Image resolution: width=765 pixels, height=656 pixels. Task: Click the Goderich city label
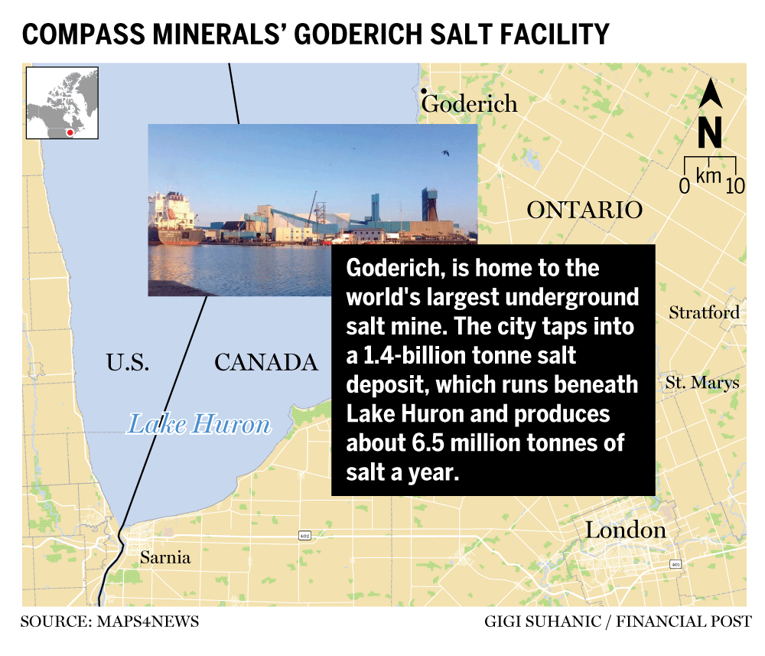470,104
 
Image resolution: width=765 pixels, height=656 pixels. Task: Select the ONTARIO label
584,211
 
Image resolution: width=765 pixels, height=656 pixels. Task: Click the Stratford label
704,312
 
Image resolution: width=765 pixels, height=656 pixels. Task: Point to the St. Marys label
702,382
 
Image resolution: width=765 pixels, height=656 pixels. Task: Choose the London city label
625,530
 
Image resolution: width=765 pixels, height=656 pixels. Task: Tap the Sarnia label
164,558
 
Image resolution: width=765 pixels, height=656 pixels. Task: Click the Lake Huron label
198,423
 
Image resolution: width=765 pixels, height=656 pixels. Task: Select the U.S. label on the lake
128,362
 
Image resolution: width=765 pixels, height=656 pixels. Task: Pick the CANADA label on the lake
265,362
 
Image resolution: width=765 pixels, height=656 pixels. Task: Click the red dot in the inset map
70,132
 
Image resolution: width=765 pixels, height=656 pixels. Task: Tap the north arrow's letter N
710,135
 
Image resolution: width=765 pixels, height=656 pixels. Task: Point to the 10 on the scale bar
734,185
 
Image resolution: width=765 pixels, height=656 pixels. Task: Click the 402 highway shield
305,537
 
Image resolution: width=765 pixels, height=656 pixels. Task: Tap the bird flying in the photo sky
444,153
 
